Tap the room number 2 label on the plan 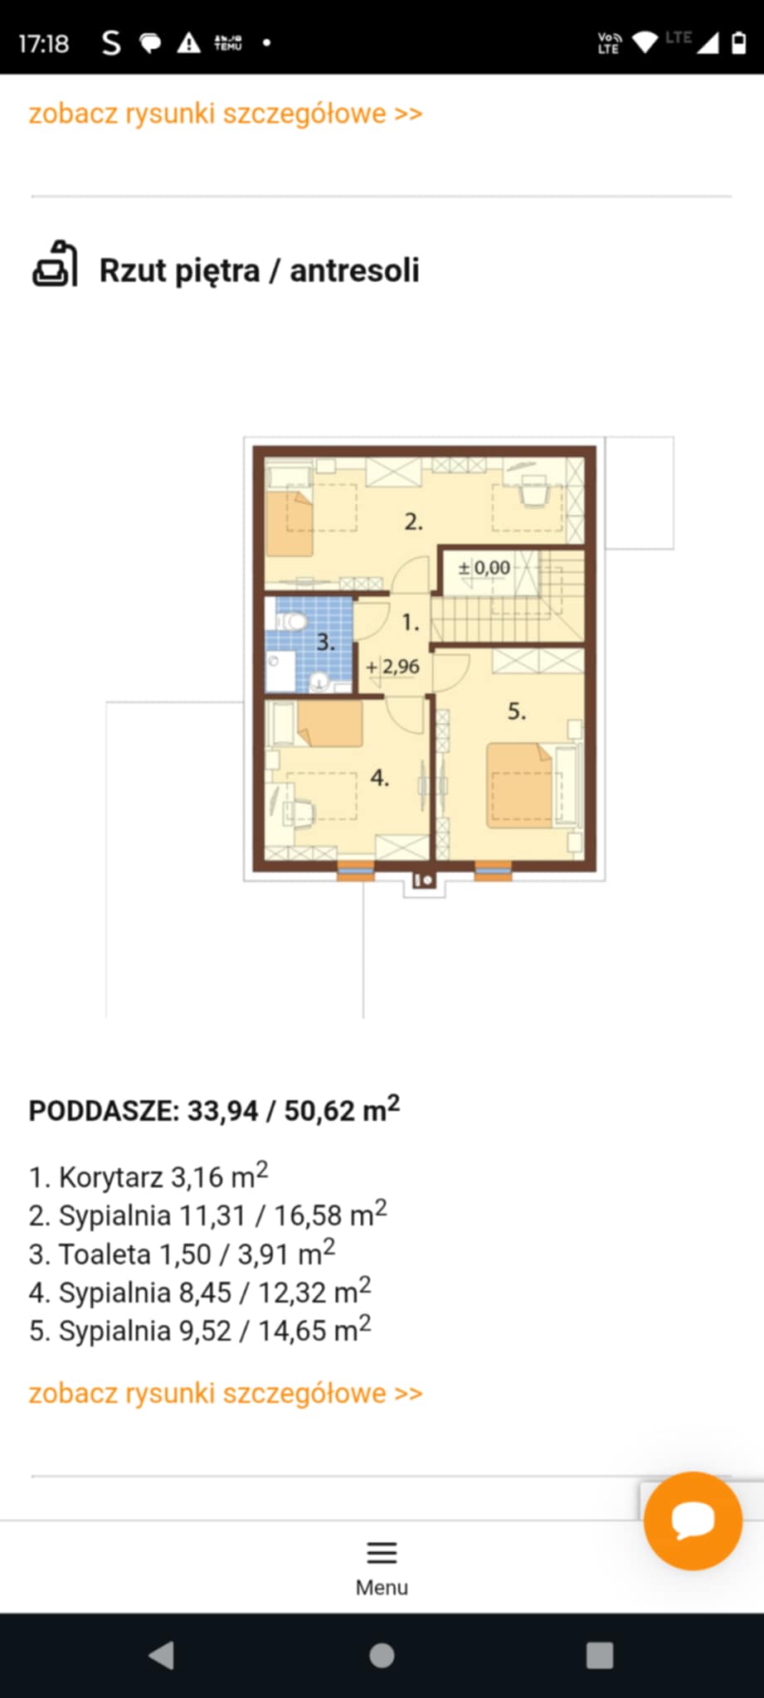(x=413, y=522)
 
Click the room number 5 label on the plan (x=516, y=711)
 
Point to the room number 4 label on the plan (x=379, y=777)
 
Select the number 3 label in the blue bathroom (x=325, y=641)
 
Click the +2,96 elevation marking (x=393, y=666)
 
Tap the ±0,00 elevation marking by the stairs (x=484, y=568)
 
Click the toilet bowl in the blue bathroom (x=291, y=621)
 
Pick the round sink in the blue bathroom (x=319, y=682)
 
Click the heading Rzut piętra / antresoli (x=259, y=270)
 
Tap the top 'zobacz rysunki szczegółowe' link (x=226, y=113)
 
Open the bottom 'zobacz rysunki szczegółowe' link (x=226, y=1393)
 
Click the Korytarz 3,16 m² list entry (x=148, y=1175)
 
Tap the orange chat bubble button (x=693, y=1521)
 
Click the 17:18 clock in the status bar (x=43, y=43)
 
